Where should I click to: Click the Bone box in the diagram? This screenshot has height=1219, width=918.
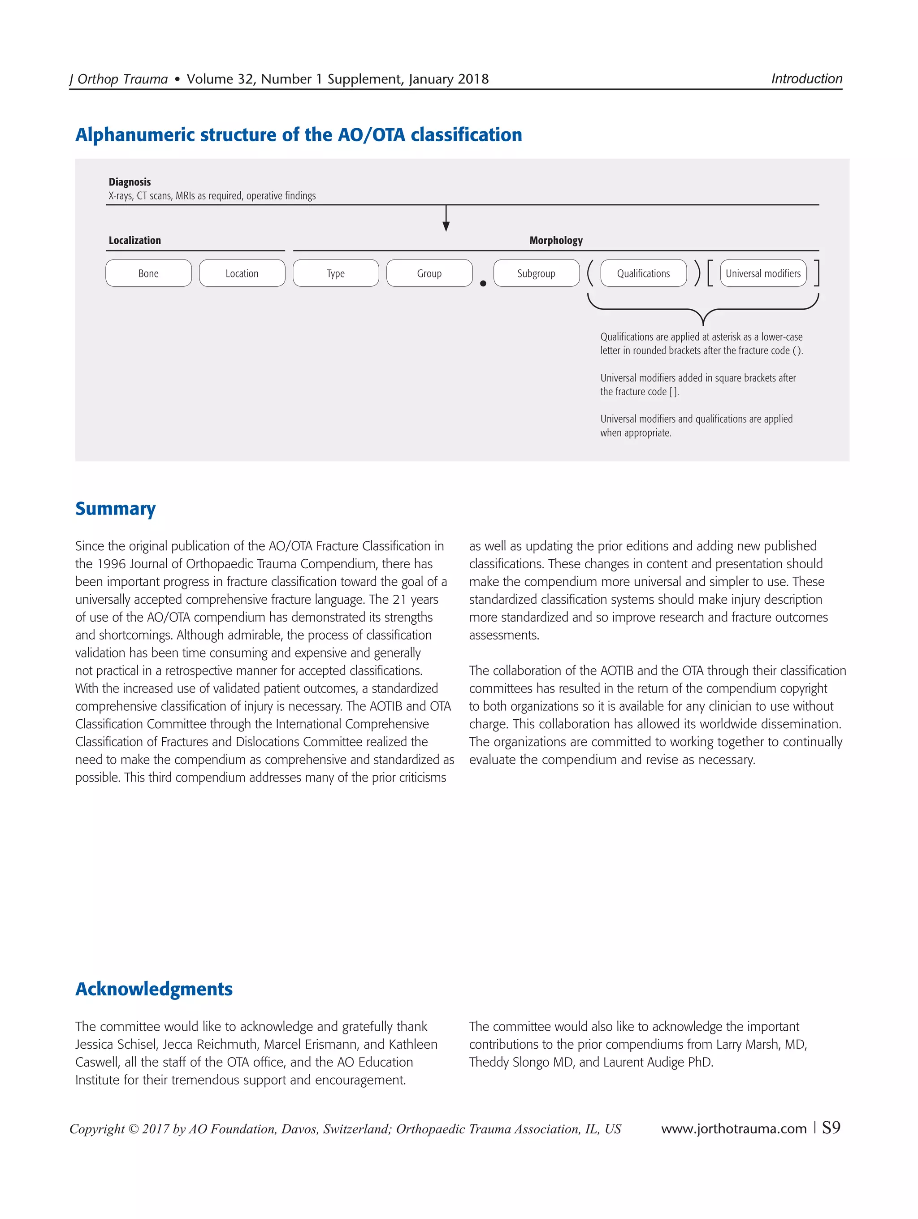coord(148,273)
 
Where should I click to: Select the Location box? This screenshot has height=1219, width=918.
coord(242,273)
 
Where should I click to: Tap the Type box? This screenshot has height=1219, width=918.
coord(336,273)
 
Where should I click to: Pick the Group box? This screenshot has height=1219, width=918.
coord(429,273)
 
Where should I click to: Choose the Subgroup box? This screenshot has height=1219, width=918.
coord(536,273)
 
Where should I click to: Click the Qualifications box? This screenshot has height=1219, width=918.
coord(643,273)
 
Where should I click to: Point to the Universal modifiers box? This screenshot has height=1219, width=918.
coord(762,273)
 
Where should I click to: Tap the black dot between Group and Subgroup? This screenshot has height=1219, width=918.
coord(483,283)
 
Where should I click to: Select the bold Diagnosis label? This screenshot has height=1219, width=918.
coord(130,182)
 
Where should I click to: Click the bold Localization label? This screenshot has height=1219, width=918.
coord(134,240)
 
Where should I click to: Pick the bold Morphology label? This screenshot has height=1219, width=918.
coord(555,240)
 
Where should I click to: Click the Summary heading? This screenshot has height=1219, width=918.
coord(115,508)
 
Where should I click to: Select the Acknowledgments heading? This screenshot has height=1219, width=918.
coord(154,989)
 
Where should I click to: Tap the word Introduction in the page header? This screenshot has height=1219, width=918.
coord(806,79)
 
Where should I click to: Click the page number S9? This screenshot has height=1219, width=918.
coord(831,1128)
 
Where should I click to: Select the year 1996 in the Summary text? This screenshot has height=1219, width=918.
coord(113,564)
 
